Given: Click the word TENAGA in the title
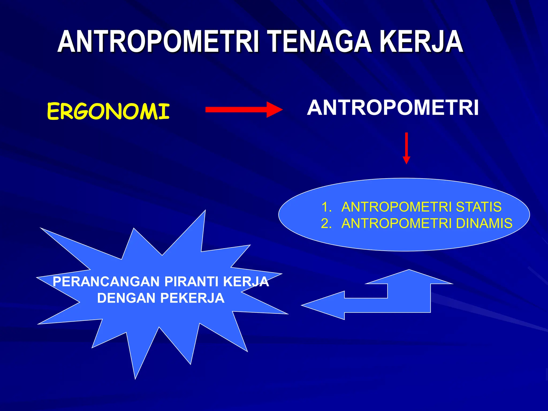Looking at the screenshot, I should [320, 42].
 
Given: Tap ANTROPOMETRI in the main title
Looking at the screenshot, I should [158, 42].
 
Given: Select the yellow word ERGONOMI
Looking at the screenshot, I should [108, 112].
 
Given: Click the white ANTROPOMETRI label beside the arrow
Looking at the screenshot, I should [393, 108].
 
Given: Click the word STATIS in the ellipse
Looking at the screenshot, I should [478, 207].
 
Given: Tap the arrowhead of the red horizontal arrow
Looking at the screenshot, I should [274, 109].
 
